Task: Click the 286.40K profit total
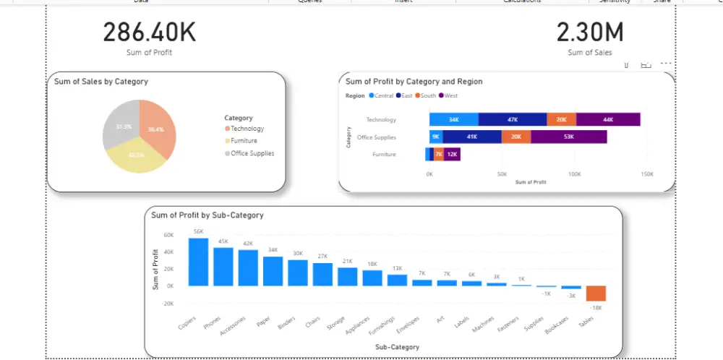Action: [149, 33]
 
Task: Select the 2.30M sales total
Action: [590, 33]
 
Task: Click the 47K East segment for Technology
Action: [513, 119]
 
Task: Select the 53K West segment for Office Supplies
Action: [568, 137]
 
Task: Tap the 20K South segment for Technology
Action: [561, 119]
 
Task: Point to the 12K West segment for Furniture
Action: [452, 154]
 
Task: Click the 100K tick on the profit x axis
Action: [574, 174]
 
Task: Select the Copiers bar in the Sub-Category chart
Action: [198, 262]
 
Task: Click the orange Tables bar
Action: [596, 293]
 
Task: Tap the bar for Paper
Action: [273, 271]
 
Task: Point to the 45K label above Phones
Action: [223, 241]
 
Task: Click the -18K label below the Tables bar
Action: [596, 308]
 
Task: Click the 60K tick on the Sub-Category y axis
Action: [168, 235]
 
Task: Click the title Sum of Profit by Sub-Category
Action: [207, 215]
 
